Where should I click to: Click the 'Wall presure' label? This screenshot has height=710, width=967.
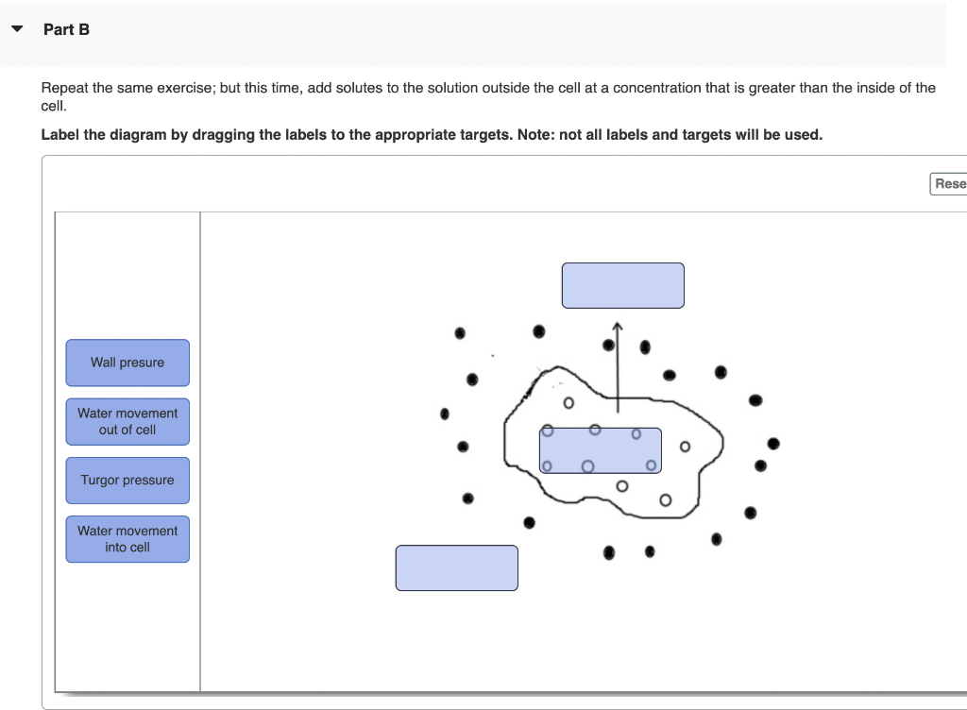pos(127,363)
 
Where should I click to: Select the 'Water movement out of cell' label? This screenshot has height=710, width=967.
pos(127,421)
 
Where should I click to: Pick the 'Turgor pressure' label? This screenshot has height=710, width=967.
pos(127,481)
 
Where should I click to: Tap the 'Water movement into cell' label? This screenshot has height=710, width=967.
pos(127,539)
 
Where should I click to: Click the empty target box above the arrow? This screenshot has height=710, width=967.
pos(623,285)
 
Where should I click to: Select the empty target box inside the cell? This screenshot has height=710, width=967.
pos(601,450)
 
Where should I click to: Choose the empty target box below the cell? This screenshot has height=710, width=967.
pos(457,567)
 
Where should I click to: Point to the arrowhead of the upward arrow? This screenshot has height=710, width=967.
pos(618,324)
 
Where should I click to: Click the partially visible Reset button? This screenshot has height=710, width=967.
pos(948,184)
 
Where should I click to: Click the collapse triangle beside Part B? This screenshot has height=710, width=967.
pos(17,28)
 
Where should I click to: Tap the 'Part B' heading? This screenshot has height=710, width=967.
pos(67,29)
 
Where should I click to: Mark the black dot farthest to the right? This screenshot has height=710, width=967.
pos(773,444)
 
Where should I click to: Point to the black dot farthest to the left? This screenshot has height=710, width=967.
pos(445,414)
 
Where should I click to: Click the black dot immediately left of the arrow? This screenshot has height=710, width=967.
pos(609,346)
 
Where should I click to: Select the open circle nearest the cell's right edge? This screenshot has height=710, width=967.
pos(685,447)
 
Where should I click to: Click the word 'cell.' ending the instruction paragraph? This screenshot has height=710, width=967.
pos(54,106)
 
